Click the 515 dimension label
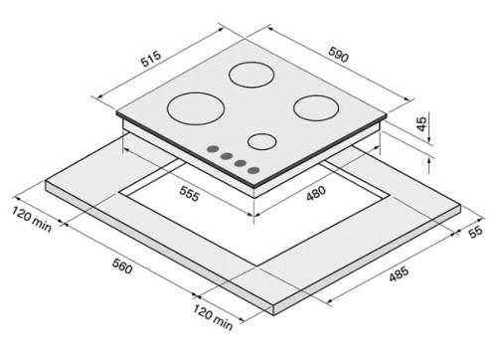click(151, 59)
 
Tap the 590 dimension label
click(339, 55)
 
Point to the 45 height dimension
click(421, 124)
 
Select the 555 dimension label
click(189, 194)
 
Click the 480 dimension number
click(316, 193)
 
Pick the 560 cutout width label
click(122, 267)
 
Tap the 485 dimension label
click(399, 274)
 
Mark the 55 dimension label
click(476, 231)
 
